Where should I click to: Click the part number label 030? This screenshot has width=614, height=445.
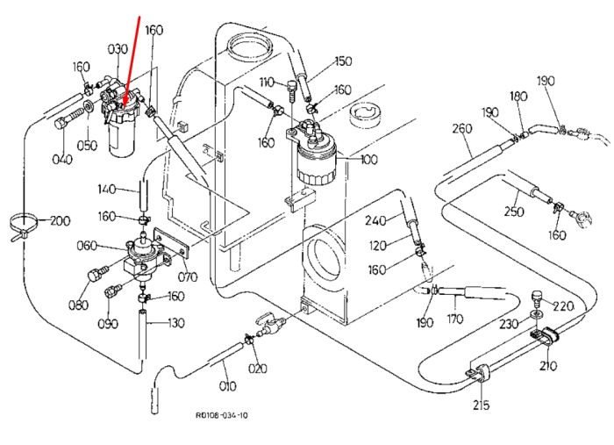tap(118, 49)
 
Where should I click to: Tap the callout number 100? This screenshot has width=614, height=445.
tap(369, 160)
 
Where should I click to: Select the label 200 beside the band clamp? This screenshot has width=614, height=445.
tap(60, 221)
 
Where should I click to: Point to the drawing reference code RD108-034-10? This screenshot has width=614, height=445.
tap(222, 415)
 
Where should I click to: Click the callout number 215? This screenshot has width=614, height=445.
tap(481, 405)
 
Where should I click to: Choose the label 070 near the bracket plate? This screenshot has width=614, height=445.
tap(188, 277)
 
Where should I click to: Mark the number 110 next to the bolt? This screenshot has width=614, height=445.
tap(267, 83)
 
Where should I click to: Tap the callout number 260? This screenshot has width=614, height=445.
tap(462, 128)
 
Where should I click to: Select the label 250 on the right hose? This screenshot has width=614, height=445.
tap(514, 212)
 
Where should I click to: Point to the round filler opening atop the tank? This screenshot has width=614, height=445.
tap(248, 46)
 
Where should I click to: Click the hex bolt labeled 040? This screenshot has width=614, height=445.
tap(68, 119)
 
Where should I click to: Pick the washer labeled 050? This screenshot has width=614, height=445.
tap(89, 105)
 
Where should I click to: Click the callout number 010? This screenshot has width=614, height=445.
tap(227, 386)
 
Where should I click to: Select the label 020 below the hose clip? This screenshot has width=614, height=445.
tap(258, 369)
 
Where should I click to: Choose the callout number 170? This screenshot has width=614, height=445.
tap(454, 319)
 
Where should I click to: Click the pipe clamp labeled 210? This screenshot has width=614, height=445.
tap(545, 336)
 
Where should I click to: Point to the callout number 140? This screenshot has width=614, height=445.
tap(106, 190)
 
